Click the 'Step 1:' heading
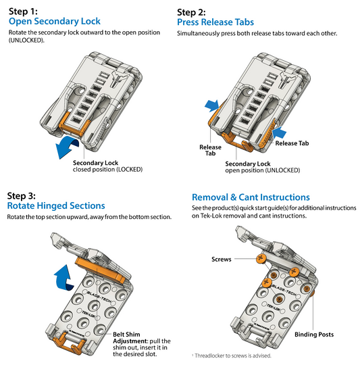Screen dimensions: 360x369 tap(23, 11)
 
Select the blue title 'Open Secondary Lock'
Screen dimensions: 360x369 tap(55, 21)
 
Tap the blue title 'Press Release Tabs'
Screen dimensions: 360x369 tap(215, 22)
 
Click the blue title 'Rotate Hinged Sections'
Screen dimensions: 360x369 tap(56, 205)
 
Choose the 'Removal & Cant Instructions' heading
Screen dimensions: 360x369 tap(251, 197)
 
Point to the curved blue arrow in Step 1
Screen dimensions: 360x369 tap(67, 147)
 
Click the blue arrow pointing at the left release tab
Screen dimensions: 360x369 tap(212, 105)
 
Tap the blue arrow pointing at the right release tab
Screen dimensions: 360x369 tap(279, 132)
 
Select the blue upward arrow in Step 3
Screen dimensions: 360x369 tap(63, 278)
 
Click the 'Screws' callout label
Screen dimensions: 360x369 tap(222, 260)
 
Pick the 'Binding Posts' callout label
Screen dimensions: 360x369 tap(314, 335)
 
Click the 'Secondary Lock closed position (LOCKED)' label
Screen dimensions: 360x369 tap(107, 166)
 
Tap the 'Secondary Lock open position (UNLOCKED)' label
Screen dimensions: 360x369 tap(263, 167)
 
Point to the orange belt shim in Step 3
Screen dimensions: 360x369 tap(101, 270)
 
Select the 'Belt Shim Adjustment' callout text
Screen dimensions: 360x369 tap(142, 344)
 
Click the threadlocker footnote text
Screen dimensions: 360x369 tap(232, 355)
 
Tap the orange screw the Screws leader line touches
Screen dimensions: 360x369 tap(261, 259)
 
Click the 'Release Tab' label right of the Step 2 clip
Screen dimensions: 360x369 tap(292, 143)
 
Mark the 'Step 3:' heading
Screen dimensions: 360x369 tap(22, 196)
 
